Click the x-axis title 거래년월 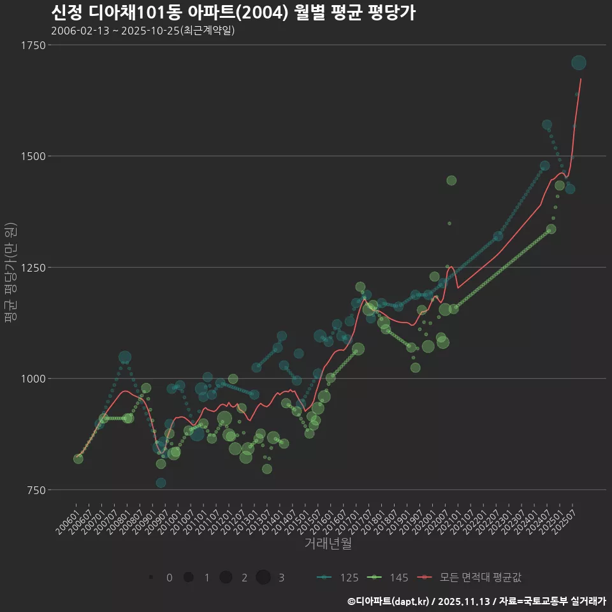(328, 544)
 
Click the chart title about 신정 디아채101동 (233, 12)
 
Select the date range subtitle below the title (143, 31)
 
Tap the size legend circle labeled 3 (263, 578)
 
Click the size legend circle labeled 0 (151, 578)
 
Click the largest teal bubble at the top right (579, 62)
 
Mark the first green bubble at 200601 (78, 458)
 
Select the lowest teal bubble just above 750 (161, 483)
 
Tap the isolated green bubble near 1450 (451, 180)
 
